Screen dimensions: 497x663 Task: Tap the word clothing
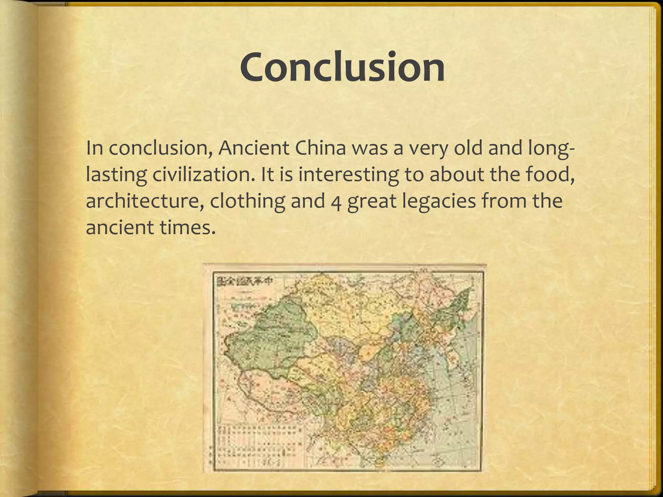(247, 201)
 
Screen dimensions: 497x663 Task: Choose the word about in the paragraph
(457, 174)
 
